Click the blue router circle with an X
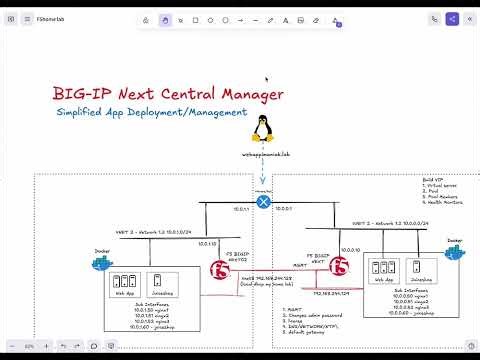point(264,201)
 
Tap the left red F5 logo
point(221,269)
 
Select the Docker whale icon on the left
point(102,264)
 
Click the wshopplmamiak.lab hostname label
point(265,155)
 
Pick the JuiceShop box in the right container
point(420,270)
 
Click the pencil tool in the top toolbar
point(270,19)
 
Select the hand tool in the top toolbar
point(165,19)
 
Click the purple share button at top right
point(453,19)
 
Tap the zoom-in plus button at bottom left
point(44,346)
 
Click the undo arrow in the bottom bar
point(63,346)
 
